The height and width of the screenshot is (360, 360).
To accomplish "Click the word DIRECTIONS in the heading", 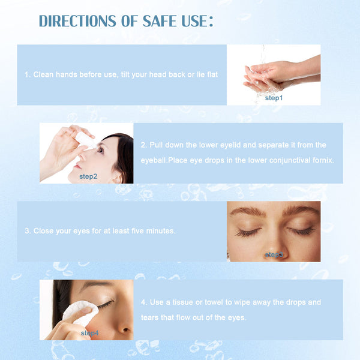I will (77, 21).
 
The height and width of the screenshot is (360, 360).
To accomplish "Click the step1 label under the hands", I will (274, 97).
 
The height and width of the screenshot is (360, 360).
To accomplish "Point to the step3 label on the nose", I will (274, 255).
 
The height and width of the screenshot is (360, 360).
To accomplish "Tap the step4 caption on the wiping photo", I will (89, 333).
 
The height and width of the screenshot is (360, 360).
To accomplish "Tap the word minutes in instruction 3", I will (160, 231).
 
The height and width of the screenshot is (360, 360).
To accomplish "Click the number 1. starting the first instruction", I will (28, 74).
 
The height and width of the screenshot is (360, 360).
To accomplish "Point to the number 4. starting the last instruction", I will (143, 302).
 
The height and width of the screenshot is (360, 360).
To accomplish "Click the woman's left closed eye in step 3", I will (301, 231).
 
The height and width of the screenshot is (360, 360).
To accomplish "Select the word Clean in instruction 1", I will (43, 74).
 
